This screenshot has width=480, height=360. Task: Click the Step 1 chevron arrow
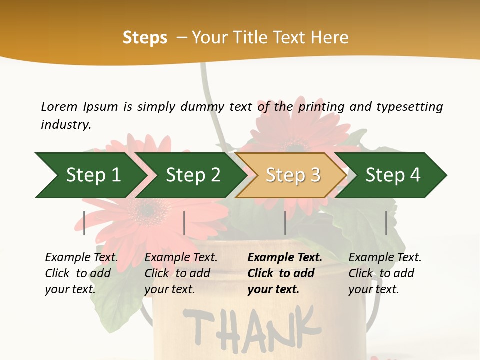90,175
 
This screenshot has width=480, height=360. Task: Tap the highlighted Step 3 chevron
292,175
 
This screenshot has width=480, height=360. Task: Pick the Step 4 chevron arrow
392,175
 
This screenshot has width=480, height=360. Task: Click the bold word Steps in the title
145,38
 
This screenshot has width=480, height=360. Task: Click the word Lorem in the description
59,106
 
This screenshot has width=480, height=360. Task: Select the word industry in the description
65,125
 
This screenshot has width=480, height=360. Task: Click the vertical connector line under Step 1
84,223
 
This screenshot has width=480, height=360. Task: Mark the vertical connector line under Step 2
184,223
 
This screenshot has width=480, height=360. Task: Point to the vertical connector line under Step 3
285,223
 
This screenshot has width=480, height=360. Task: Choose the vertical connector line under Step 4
386,223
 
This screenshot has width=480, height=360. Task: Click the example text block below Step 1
81,273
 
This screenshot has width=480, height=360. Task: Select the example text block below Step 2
181,273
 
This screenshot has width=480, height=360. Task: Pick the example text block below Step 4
385,273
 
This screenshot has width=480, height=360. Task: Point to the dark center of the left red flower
147,209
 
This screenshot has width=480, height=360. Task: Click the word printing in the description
321,106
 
